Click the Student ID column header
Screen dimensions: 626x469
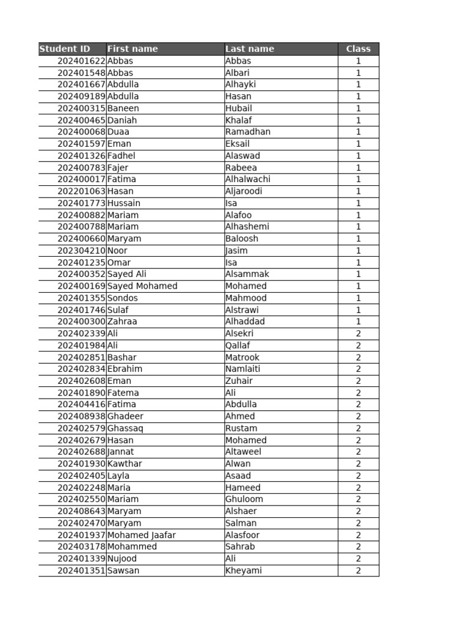(64, 49)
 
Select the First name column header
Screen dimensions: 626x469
(133, 49)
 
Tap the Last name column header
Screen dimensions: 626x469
(250, 49)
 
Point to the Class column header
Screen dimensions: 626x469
(358, 49)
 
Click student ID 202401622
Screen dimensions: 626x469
(82, 61)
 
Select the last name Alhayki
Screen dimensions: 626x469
(241, 84)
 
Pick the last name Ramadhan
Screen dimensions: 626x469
(248, 131)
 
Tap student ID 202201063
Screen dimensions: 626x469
(82, 191)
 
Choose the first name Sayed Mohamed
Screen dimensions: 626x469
(142, 286)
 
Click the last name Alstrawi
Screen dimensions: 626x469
(242, 310)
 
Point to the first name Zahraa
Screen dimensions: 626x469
(122, 322)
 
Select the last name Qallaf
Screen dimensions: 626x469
(238, 345)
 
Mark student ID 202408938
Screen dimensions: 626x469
(82, 416)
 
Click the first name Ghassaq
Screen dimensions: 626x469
(125, 428)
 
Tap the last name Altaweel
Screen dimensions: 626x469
(243, 452)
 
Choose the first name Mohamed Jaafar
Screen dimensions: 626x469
(142, 535)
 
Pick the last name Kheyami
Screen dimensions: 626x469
(244, 570)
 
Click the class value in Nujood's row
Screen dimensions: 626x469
(358, 559)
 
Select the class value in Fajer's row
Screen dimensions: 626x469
(358, 168)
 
